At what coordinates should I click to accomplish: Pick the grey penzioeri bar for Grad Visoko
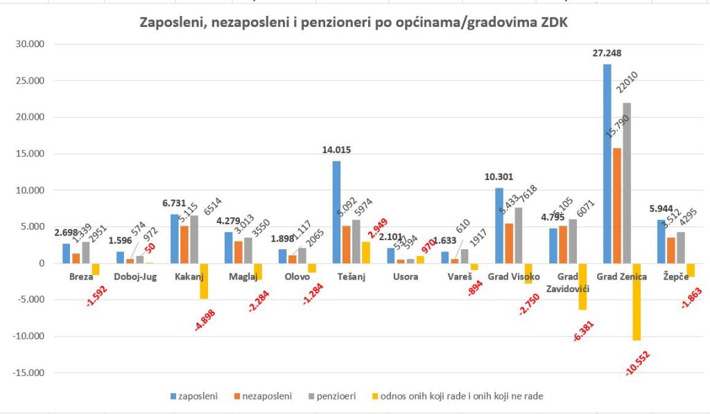pos(518,235)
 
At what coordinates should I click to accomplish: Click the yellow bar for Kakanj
pos(204,281)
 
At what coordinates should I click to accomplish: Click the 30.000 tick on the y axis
pos(30,44)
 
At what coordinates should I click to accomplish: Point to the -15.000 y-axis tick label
pos(28,373)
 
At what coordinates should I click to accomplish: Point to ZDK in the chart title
pos(555,24)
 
